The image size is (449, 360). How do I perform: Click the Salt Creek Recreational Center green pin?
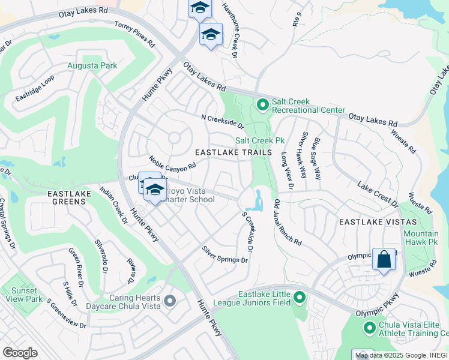(x=262, y=105)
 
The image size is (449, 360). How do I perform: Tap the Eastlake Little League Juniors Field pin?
(x=300, y=297)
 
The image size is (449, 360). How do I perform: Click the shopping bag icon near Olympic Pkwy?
(x=384, y=260)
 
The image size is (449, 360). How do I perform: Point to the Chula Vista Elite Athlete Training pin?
(x=369, y=328)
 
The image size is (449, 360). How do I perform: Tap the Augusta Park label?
(x=92, y=65)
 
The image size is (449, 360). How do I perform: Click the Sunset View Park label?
(x=27, y=295)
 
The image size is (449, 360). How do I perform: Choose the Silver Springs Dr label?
(x=224, y=254)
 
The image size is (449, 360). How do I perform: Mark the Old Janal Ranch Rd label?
(x=287, y=222)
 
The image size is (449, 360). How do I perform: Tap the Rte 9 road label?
(x=295, y=21)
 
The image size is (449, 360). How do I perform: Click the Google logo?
(x=20, y=353)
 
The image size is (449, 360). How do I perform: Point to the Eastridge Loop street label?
(x=35, y=88)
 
